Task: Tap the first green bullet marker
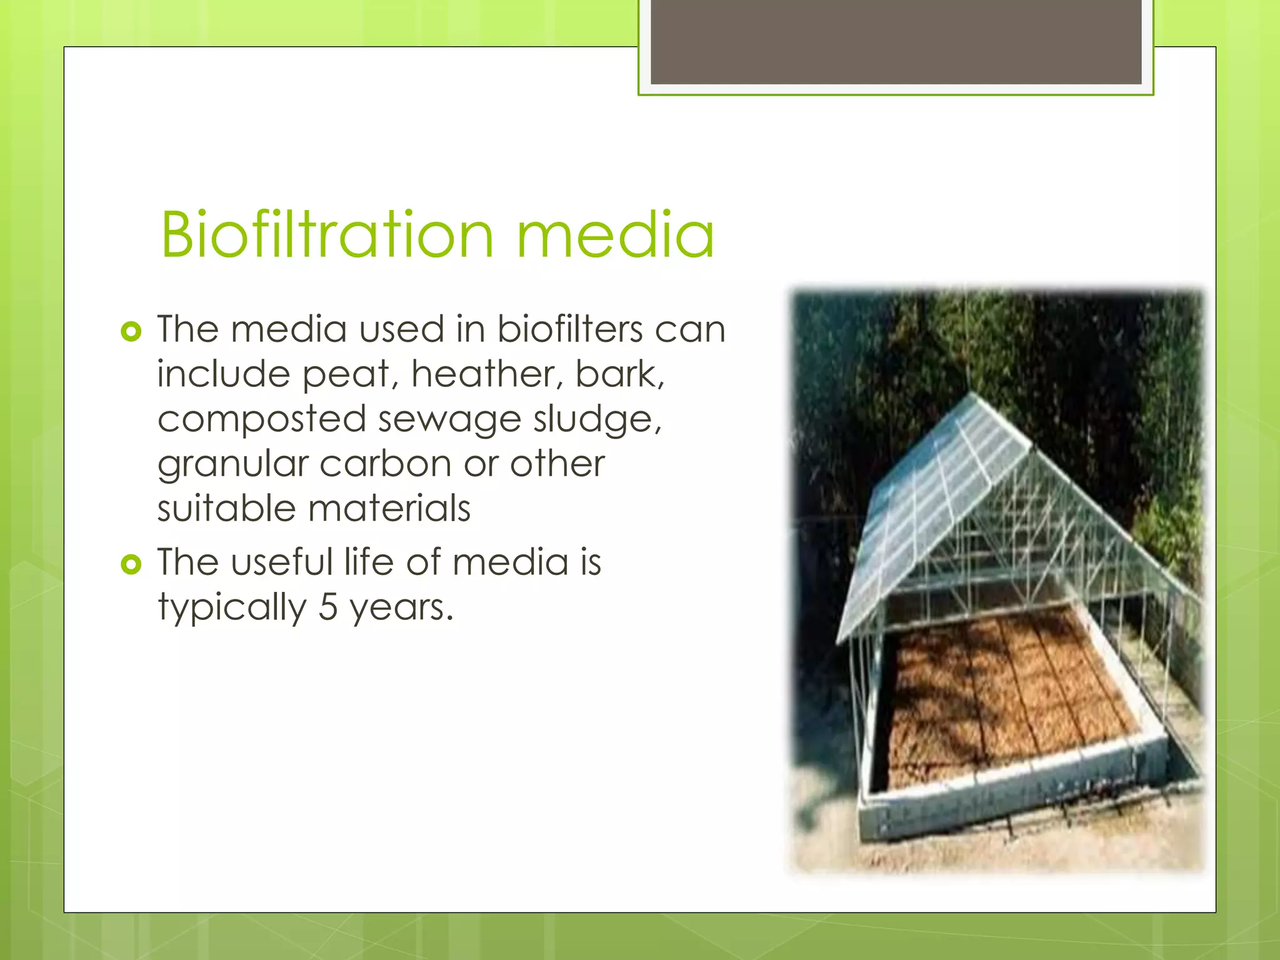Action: click(131, 331)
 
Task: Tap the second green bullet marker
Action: click(131, 565)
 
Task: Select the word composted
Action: click(261, 420)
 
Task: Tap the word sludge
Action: click(596, 420)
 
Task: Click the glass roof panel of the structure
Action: click(937, 500)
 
